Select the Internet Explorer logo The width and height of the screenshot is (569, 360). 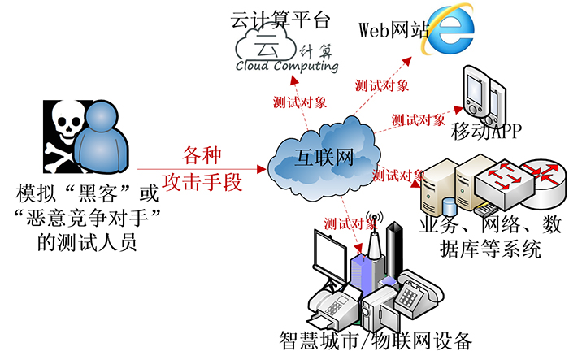pos(449,29)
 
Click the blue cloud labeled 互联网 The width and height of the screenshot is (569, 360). pos(324,158)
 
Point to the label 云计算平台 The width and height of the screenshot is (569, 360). pos(280,20)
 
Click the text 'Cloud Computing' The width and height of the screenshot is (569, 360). pos(287,66)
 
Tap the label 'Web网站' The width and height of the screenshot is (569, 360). pos(394,30)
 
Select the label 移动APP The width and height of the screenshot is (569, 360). pos(486,131)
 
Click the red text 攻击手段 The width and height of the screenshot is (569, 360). pos(202,182)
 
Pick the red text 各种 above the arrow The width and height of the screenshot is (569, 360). pos(202,155)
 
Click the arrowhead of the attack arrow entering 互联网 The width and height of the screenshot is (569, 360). pos(262,169)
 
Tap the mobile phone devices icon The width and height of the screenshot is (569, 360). pos(484,95)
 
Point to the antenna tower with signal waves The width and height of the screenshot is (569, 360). pos(375,236)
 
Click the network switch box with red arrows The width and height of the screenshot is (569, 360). pos(505,182)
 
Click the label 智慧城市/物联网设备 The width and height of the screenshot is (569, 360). pos(376,340)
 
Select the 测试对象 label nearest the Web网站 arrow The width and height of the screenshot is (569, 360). pos(382,85)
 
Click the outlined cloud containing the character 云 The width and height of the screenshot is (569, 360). pos(266,44)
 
